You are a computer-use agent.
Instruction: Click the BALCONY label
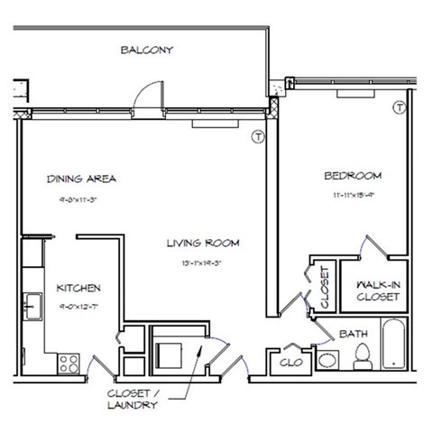146,51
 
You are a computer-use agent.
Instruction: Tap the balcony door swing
143,97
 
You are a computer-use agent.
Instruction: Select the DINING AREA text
81,179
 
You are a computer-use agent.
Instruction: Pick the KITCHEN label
78,289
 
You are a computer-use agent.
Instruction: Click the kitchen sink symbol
33,306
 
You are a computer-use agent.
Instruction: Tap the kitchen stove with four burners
69,364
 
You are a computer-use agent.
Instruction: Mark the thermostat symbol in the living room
257,137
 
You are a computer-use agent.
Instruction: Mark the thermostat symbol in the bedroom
398,108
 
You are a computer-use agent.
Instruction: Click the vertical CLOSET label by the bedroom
324,285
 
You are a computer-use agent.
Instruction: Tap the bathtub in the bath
394,348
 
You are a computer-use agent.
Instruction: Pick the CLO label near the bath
290,363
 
